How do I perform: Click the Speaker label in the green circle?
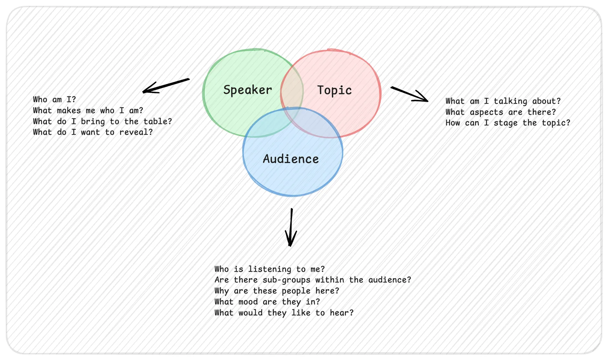248,90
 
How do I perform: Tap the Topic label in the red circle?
335,90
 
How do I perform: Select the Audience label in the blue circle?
291,159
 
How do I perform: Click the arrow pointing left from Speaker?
166,86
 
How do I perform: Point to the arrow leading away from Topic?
409,94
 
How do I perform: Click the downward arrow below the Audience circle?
291,227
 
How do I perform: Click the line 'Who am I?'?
55,100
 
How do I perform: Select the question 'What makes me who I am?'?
88,111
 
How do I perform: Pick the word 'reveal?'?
136,132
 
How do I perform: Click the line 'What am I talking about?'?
503,101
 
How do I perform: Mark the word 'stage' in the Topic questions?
506,123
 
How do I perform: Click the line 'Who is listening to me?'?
270,269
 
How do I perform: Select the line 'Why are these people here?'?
277,291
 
